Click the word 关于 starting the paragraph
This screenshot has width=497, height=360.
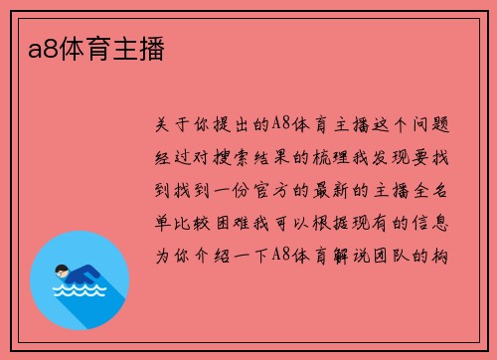[x=175, y=125]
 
